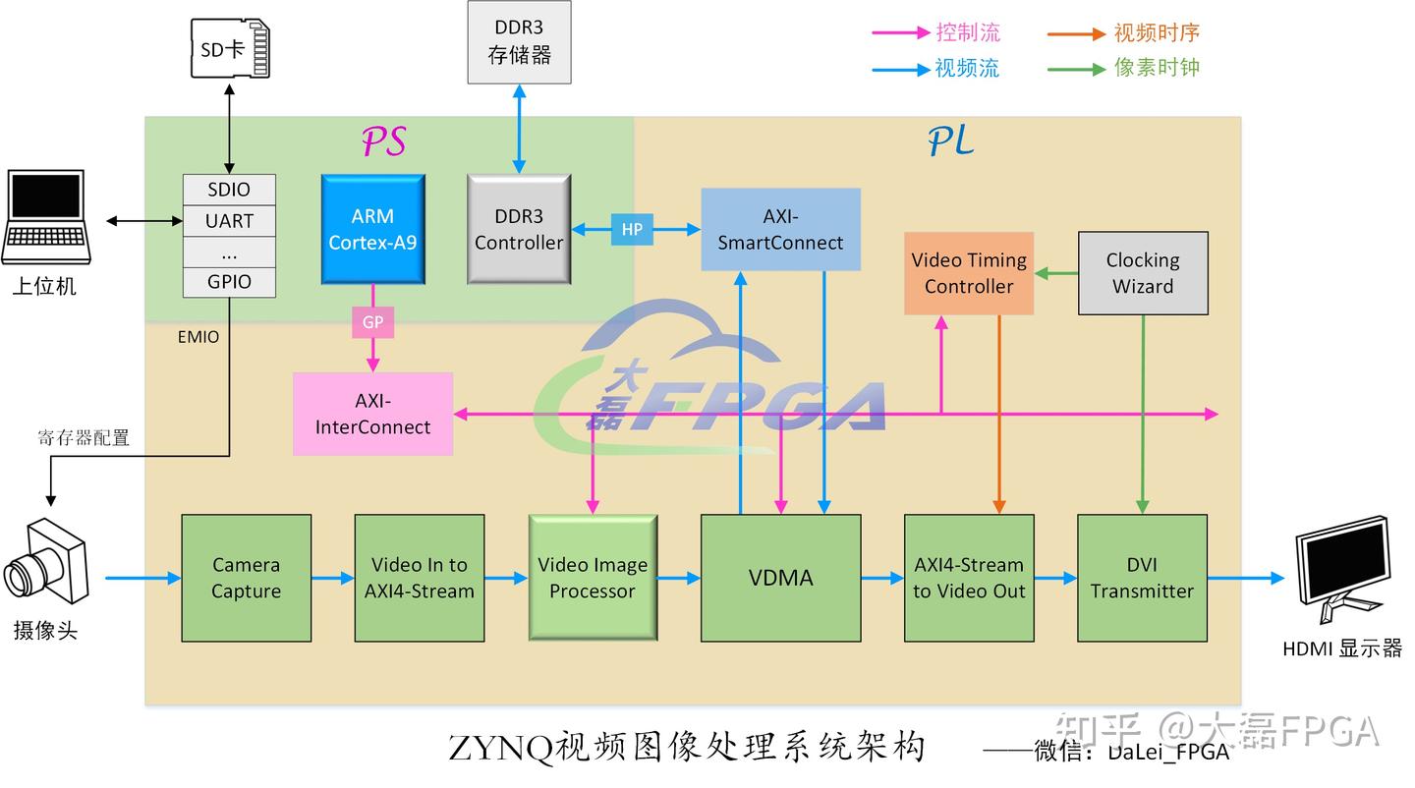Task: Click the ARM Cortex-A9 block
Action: [372, 230]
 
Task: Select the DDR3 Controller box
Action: [519, 230]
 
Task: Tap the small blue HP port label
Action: [632, 230]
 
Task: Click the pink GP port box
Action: [372, 322]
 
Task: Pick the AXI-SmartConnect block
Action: [780, 230]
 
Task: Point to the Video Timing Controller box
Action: [968, 273]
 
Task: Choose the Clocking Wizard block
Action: [1142, 273]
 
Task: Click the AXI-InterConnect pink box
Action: [372, 414]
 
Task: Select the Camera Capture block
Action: [246, 578]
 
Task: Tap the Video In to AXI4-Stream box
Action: [419, 578]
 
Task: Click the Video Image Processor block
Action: [593, 578]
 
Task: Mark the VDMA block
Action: [780, 578]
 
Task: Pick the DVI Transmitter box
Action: [1142, 578]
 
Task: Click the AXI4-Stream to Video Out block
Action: [968, 578]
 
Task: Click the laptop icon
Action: [46, 218]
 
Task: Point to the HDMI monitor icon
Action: [1342, 576]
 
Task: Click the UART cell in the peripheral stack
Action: [229, 221]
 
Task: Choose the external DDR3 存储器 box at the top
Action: [519, 42]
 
